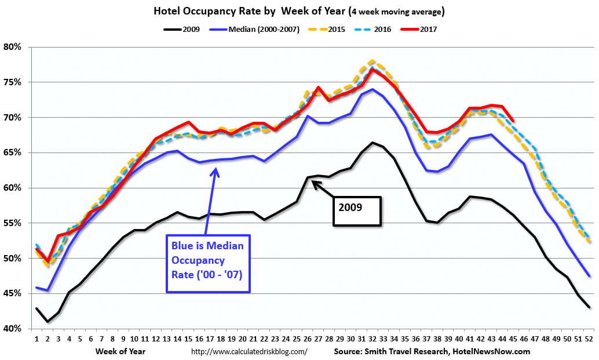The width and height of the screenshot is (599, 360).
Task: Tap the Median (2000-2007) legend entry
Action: click(x=261, y=28)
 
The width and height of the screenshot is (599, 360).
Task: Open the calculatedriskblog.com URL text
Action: click(x=249, y=351)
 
